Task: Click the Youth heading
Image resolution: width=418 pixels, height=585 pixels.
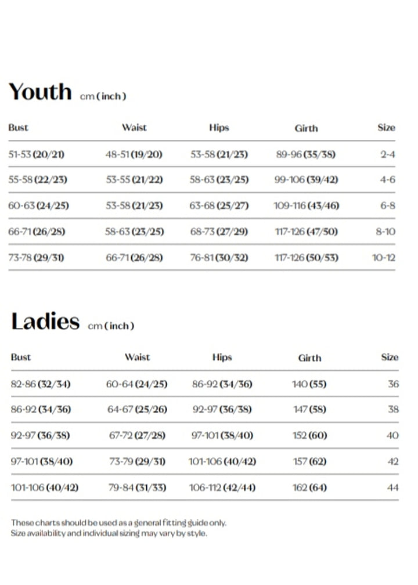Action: (x=40, y=92)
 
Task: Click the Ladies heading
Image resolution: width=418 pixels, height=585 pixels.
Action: (x=45, y=322)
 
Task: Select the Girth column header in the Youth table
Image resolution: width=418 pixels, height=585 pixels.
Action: (x=306, y=128)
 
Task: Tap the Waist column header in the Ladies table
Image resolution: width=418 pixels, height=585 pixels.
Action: (x=137, y=358)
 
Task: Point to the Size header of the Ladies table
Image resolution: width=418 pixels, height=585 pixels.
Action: (x=390, y=358)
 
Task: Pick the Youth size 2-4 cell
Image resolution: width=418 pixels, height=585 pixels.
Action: (x=387, y=154)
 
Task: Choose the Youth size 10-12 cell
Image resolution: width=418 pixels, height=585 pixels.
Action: (x=383, y=257)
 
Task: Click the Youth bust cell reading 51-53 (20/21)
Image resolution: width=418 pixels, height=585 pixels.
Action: (x=37, y=154)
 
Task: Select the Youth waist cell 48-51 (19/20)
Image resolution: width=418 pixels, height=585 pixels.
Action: (x=134, y=154)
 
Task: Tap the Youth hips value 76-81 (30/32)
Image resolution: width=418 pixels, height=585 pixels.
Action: (x=219, y=257)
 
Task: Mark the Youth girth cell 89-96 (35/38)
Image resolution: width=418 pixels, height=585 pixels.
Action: (x=306, y=154)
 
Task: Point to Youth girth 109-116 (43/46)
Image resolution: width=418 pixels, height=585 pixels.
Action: (x=306, y=205)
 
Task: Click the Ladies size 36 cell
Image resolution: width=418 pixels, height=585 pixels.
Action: (x=393, y=384)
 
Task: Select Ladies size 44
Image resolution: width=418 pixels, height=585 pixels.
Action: (x=393, y=488)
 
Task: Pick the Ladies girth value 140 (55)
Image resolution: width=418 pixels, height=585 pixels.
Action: (x=309, y=384)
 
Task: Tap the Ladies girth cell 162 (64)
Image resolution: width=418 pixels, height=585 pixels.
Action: (x=309, y=488)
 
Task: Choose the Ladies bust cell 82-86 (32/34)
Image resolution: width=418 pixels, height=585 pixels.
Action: (x=41, y=384)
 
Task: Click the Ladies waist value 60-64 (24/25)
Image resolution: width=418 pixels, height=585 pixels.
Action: (x=136, y=384)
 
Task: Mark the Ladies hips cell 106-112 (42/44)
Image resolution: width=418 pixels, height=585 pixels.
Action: (x=222, y=488)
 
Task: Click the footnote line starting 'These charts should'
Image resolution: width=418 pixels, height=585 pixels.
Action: (x=118, y=523)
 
